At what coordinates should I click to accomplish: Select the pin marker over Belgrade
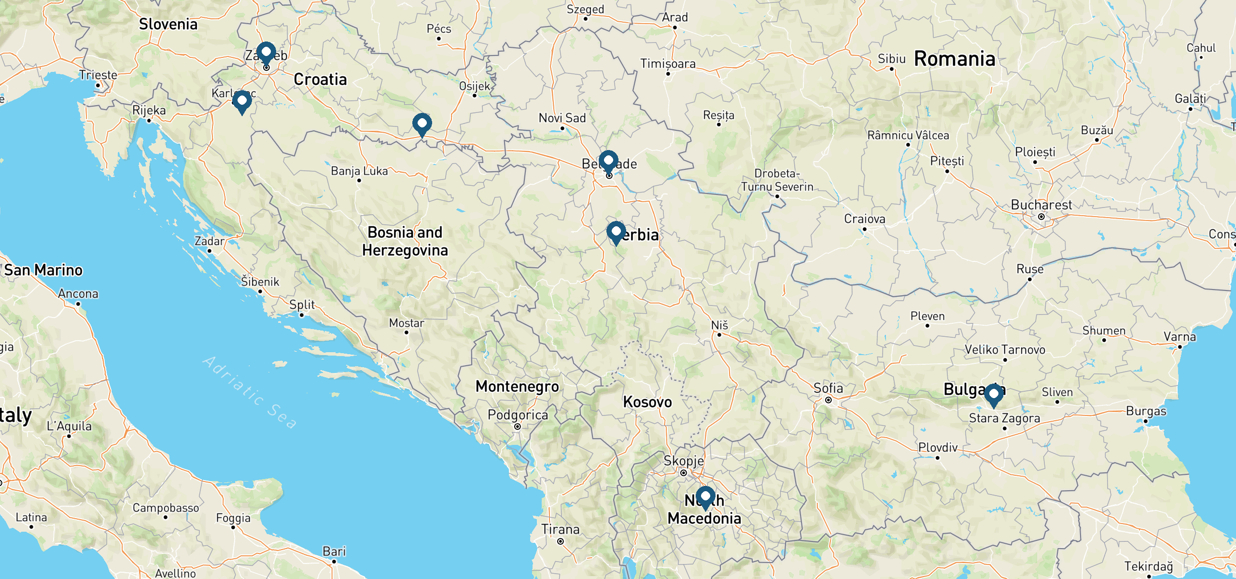608,160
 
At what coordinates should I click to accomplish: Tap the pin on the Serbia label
616,232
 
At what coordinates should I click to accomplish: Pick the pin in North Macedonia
705,496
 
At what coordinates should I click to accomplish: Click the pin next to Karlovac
242,101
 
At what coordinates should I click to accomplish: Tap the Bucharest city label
1041,205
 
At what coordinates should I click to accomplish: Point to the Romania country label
955,59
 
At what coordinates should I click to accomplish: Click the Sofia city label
828,388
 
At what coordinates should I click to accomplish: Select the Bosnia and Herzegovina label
405,241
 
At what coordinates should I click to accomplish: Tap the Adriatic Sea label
250,392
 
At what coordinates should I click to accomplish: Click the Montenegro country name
517,386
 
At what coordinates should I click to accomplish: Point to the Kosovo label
647,402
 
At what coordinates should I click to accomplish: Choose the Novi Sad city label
562,118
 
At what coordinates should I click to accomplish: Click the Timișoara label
668,64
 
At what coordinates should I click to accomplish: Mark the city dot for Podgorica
517,427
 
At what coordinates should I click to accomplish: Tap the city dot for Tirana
560,541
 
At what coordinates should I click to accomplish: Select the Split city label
302,305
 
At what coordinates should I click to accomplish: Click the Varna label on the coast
1180,337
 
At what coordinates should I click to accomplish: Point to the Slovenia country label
168,24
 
